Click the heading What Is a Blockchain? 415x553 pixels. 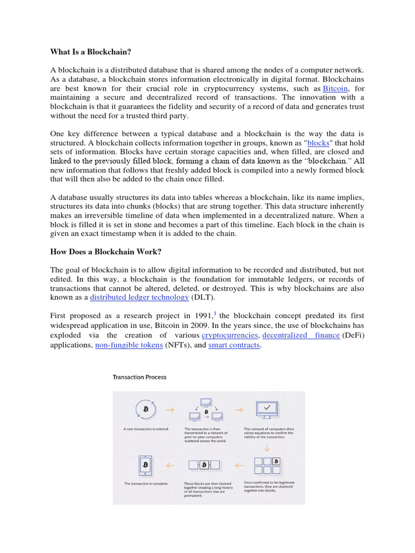click(x=91, y=52)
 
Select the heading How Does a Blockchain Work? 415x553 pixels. click(x=105, y=251)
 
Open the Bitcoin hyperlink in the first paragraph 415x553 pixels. click(x=336, y=89)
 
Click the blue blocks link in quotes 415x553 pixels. click(x=318, y=143)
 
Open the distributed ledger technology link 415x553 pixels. click(x=139, y=297)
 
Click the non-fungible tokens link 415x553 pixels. click(x=129, y=345)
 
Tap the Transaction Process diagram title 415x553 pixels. click(x=139, y=377)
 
